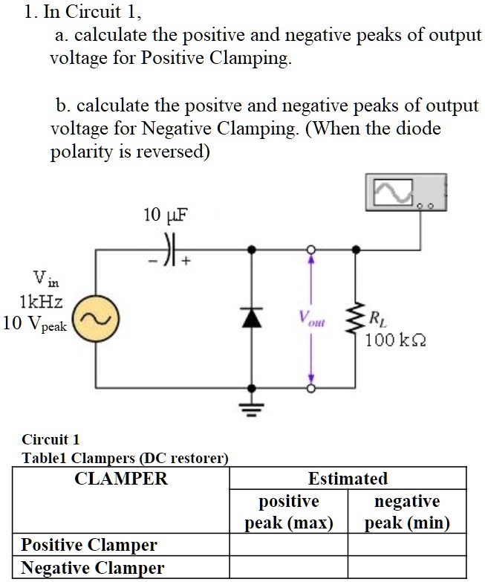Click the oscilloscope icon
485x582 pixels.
click(x=406, y=193)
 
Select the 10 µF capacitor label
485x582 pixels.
click(x=166, y=215)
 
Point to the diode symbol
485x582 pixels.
click(x=253, y=318)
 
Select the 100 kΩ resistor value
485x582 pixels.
click(x=395, y=340)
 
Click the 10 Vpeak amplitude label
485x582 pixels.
click(x=36, y=325)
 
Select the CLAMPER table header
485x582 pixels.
click(x=121, y=479)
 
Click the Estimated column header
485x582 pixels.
click(x=348, y=479)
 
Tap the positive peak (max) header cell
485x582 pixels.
click(x=288, y=511)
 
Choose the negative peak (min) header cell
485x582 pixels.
click(x=407, y=511)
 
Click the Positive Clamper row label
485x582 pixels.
click(x=89, y=545)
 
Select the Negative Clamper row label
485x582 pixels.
click(x=92, y=569)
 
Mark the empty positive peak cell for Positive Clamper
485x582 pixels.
click(x=288, y=545)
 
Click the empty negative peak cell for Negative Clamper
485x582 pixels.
click(x=407, y=569)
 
